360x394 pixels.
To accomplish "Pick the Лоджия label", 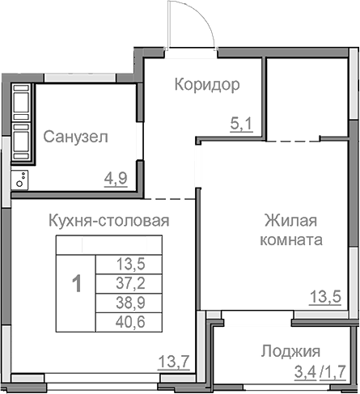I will pyautogui.click(x=290, y=351).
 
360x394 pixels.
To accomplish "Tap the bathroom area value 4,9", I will pyautogui.click(x=116, y=177).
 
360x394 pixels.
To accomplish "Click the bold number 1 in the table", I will pyautogui.click(x=76, y=284).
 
